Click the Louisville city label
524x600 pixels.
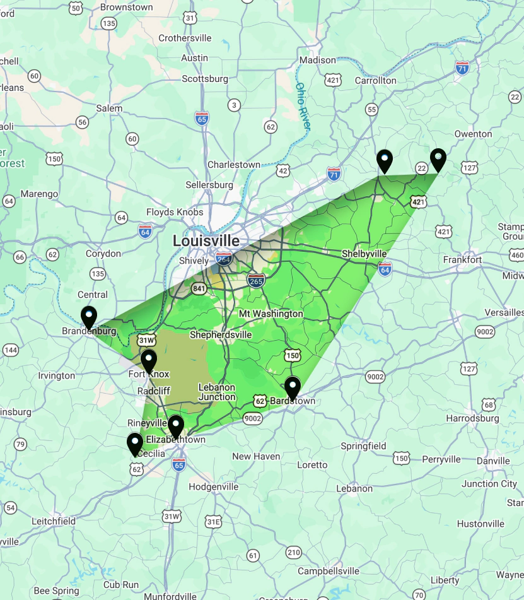coord(206,241)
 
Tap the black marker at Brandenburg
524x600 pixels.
coord(89,317)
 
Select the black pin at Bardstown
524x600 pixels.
coord(293,387)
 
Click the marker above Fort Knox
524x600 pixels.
coord(148,361)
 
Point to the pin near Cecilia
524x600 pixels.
coord(135,444)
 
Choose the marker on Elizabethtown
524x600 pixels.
coord(175,426)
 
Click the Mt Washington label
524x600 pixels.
coord(271,314)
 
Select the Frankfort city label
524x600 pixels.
coord(462,259)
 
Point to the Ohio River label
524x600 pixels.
coord(303,107)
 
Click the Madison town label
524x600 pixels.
coord(318,60)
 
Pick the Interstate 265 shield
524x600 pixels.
coord(255,280)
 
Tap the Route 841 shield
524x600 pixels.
coord(200,288)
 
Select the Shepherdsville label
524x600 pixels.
coord(221,335)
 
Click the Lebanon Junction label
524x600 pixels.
coord(217,392)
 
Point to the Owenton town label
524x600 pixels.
coord(473,134)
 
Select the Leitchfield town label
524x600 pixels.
coord(54,521)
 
